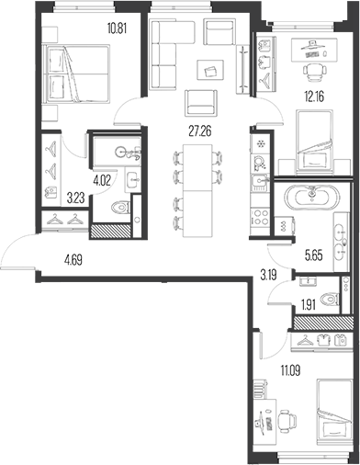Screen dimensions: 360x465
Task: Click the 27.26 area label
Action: (x=200, y=131)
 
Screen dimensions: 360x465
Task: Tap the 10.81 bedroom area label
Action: (x=117, y=28)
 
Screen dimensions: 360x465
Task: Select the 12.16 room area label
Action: (x=314, y=96)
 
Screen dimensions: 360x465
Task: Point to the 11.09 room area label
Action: (x=290, y=371)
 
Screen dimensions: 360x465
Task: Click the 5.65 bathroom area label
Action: (x=314, y=255)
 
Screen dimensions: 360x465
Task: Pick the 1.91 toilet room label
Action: (x=309, y=305)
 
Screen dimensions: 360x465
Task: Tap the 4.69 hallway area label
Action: (x=73, y=261)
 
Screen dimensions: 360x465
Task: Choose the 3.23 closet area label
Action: (x=75, y=198)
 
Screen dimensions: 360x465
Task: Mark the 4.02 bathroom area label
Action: (x=102, y=178)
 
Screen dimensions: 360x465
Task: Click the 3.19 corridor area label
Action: (x=269, y=276)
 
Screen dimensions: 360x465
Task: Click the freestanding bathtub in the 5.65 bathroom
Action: (x=312, y=198)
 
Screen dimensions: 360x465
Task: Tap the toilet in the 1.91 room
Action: (x=330, y=299)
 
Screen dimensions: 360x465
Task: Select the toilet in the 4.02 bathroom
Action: (x=120, y=208)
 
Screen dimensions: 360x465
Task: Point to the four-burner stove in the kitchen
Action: (x=260, y=217)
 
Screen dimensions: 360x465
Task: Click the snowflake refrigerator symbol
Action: (x=261, y=143)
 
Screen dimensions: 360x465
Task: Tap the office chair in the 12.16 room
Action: (x=314, y=73)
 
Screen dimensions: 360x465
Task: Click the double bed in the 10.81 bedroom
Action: (x=76, y=74)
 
